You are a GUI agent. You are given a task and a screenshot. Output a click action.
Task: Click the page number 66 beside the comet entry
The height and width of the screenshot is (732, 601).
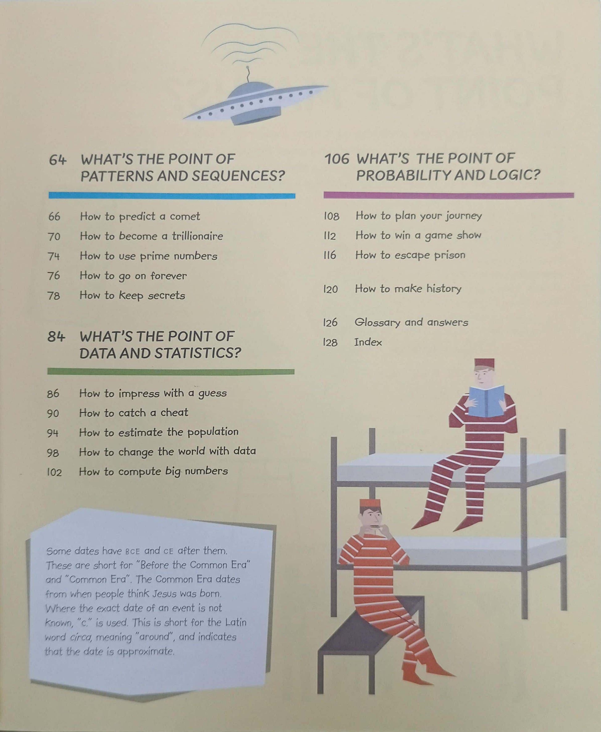pyautogui.click(x=54, y=217)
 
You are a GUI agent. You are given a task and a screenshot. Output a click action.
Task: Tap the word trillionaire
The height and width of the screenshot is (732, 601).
pyautogui.click(x=197, y=236)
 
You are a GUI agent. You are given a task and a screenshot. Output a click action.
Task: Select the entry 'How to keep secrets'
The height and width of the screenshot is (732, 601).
pyautogui.click(x=132, y=295)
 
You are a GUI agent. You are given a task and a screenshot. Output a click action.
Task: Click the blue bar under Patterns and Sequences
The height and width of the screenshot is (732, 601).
pyautogui.click(x=172, y=195)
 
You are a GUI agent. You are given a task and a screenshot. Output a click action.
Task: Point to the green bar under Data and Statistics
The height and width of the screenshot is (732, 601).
pyautogui.click(x=171, y=372)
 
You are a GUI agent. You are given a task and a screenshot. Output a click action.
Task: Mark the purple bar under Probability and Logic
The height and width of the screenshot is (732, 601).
pyautogui.click(x=449, y=195)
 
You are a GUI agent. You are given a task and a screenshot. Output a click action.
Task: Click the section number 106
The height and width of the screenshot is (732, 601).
pyautogui.click(x=337, y=159)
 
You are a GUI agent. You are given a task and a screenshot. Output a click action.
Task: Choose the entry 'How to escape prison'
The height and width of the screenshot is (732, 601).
pyautogui.click(x=410, y=255)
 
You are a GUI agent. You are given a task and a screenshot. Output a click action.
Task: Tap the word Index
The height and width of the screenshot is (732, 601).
pyautogui.click(x=368, y=342)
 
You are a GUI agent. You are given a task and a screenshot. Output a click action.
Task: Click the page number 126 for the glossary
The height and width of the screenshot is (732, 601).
pyautogui.click(x=330, y=322)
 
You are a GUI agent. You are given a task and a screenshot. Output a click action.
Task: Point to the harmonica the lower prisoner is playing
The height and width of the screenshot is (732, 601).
pyautogui.click(x=376, y=527)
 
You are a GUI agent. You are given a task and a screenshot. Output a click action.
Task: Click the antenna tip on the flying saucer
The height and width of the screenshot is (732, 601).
pyautogui.click(x=247, y=68)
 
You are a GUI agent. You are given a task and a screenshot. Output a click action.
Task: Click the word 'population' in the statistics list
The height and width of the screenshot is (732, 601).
pyautogui.click(x=213, y=432)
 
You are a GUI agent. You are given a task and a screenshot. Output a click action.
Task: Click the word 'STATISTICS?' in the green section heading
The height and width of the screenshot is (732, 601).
pyautogui.click(x=198, y=353)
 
